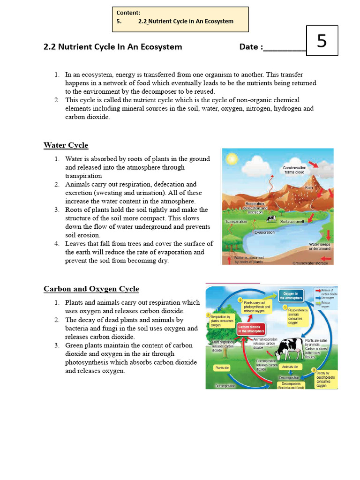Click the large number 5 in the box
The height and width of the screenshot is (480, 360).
click(322, 41)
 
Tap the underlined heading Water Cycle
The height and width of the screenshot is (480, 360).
click(66, 145)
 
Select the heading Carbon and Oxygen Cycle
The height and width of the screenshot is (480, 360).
click(91, 289)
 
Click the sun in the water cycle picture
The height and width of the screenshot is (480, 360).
click(232, 159)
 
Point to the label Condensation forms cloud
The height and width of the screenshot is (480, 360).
click(294, 170)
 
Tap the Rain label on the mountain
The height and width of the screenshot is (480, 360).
click(309, 187)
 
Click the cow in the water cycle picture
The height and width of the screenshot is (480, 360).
click(271, 218)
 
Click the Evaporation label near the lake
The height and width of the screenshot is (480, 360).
click(264, 232)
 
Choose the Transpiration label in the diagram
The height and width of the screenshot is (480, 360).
click(236, 222)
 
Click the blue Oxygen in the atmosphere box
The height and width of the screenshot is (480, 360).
click(292, 295)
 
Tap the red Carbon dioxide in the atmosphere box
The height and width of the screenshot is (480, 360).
click(251, 329)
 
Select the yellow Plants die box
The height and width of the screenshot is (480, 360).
click(222, 368)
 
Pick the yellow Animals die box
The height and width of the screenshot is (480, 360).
click(289, 367)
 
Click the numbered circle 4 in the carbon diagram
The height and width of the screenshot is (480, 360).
click(240, 300)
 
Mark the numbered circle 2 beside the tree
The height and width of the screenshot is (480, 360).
click(208, 315)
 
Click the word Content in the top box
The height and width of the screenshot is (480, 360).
click(128, 13)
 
